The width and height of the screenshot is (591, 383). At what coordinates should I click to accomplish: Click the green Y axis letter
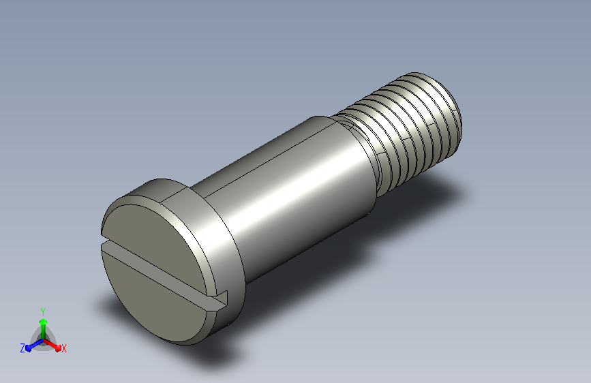43,311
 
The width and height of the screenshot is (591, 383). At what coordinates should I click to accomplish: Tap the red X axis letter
63,348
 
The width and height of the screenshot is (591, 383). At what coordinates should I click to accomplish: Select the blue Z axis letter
22,348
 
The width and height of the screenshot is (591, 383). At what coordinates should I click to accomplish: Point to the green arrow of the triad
44,329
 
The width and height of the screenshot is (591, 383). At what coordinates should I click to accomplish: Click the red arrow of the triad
52,345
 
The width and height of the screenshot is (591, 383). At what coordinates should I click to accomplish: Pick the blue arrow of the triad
34,345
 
